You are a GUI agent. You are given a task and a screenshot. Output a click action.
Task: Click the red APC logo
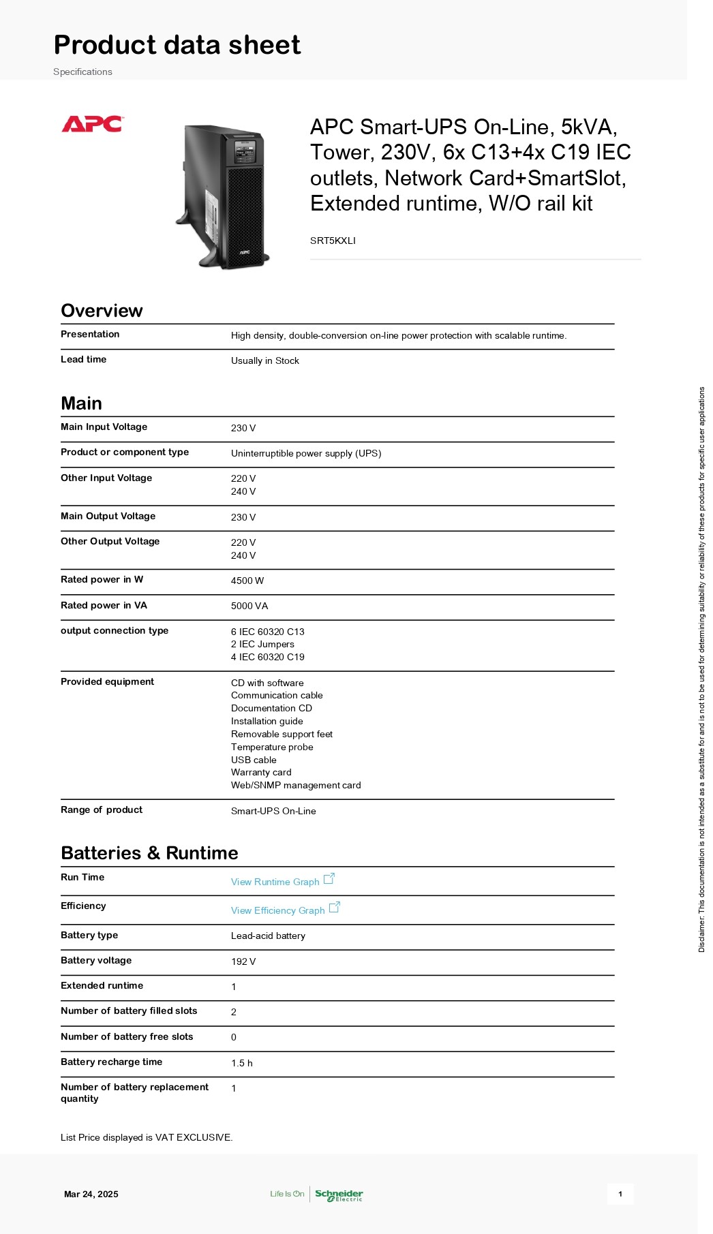click(x=92, y=124)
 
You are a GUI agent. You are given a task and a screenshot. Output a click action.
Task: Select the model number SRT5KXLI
click(x=333, y=241)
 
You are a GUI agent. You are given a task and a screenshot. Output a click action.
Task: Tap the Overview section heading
click(x=102, y=311)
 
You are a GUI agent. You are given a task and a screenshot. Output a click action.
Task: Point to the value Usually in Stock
click(x=264, y=360)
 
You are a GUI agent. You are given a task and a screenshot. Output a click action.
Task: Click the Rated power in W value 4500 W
click(x=247, y=581)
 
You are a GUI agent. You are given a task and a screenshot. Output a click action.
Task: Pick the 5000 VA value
click(x=249, y=606)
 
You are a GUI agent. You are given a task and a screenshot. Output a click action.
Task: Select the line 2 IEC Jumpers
click(x=262, y=644)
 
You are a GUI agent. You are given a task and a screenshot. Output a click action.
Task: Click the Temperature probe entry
click(x=272, y=747)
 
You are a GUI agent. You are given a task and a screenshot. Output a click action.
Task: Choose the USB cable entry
click(x=254, y=760)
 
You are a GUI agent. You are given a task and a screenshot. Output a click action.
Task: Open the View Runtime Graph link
click(x=275, y=882)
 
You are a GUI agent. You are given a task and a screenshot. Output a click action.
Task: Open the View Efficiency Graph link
click(x=278, y=910)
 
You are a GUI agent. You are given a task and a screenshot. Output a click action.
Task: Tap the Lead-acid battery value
click(x=268, y=936)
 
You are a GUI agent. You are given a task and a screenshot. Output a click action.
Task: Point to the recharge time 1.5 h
click(x=241, y=1063)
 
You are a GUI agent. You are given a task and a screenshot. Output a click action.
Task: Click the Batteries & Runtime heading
click(x=149, y=853)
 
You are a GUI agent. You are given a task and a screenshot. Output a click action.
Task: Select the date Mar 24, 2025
click(x=91, y=1194)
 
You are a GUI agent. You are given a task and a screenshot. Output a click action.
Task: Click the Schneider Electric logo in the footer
click(x=339, y=1194)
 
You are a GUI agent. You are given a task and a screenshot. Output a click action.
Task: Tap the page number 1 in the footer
click(x=620, y=1194)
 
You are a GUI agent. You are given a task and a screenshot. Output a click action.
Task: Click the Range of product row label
click(x=102, y=809)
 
